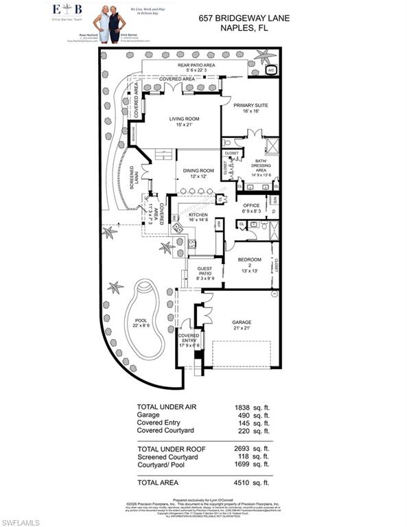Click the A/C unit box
click(270, 70)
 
